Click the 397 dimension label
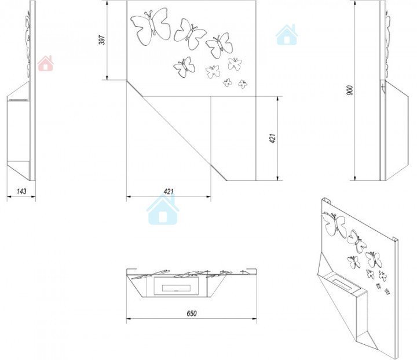click(x=102, y=39)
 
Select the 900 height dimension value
click(x=350, y=90)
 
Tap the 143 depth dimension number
click(x=21, y=191)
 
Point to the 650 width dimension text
click(x=192, y=314)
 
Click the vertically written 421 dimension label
click(x=273, y=139)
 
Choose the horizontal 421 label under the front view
click(x=169, y=191)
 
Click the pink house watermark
click(x=46, y=63)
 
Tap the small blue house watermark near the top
click(x=287, y=35)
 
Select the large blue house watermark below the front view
click(x=163, y=210)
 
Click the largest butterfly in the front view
click(x=151, y=26)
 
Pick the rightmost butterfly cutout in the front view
click(x=243, y=84)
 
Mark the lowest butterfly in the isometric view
click(x=387, y=292)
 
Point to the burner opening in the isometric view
click(x=343, y=282)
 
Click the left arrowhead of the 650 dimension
click(x=129, y=318)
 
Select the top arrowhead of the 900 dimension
click(x=355, y=3)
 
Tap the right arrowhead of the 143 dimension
click(x=33, y=197)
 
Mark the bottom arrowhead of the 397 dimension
click(x=107, y=77)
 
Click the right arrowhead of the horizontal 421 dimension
click(x=209, y=197)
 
